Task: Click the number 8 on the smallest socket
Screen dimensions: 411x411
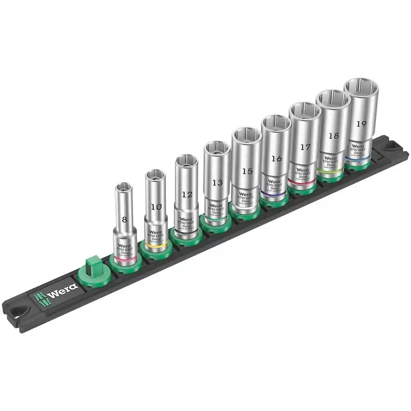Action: pos(124,219)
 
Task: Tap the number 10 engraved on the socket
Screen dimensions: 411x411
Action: pos(155,207)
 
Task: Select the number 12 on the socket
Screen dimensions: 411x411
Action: pos(186,195)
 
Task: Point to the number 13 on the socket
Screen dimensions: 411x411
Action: pos(217,182)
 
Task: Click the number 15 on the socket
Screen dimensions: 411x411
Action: pos(248,171)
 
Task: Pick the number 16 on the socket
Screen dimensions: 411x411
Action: pos(276,159)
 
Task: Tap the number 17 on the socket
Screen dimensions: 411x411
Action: pos(305,147)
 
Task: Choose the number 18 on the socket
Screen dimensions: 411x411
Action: pos(333,136)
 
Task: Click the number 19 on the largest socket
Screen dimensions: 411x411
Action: pos(361,124)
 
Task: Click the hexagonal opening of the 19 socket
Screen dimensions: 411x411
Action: pos(361,88)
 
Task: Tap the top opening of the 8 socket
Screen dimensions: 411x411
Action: pos(124,187)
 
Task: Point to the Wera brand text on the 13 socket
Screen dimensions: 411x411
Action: pos(215,206)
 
